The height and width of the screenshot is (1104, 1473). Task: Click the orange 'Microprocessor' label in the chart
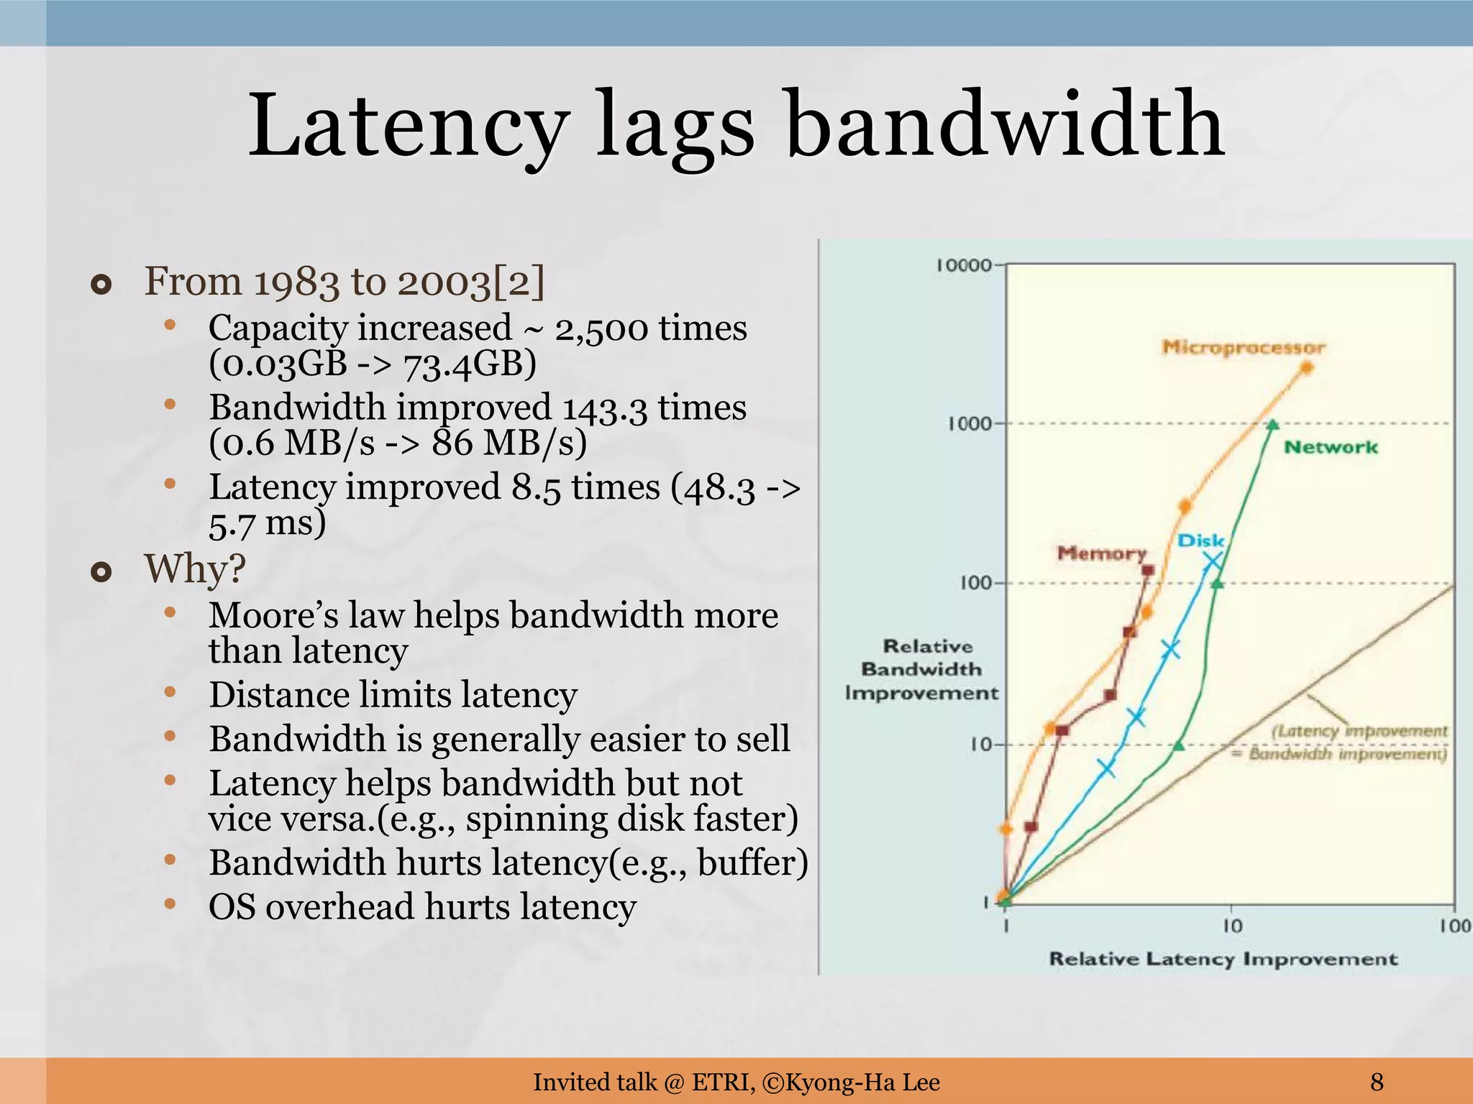point(1243,348)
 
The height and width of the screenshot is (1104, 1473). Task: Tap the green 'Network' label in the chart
point(1331,447)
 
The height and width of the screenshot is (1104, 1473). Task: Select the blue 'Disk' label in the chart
point(1200,540)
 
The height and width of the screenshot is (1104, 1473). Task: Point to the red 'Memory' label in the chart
point(1101,553)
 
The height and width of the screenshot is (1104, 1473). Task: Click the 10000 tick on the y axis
point(964,265)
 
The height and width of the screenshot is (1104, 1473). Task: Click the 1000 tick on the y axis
point(969,424)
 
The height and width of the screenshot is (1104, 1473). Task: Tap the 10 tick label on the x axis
point(1232,926)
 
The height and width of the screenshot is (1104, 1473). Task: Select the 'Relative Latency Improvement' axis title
point(1223,959)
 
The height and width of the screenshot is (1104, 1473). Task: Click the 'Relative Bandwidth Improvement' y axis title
point(921,669)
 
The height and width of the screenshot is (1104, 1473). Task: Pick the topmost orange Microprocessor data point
point(1307,368)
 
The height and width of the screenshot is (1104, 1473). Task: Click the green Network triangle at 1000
point(1272,425)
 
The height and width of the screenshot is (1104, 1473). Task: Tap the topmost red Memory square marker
point(1148,570)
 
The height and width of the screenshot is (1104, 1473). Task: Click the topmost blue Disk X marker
point(1213,561)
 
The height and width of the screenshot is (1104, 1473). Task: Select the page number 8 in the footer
point(1377,1081)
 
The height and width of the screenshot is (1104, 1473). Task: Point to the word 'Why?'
point(195,569)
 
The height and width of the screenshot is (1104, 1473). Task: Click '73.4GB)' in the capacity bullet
point(470,364)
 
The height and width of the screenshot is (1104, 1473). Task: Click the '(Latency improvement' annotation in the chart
point(1359,731)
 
